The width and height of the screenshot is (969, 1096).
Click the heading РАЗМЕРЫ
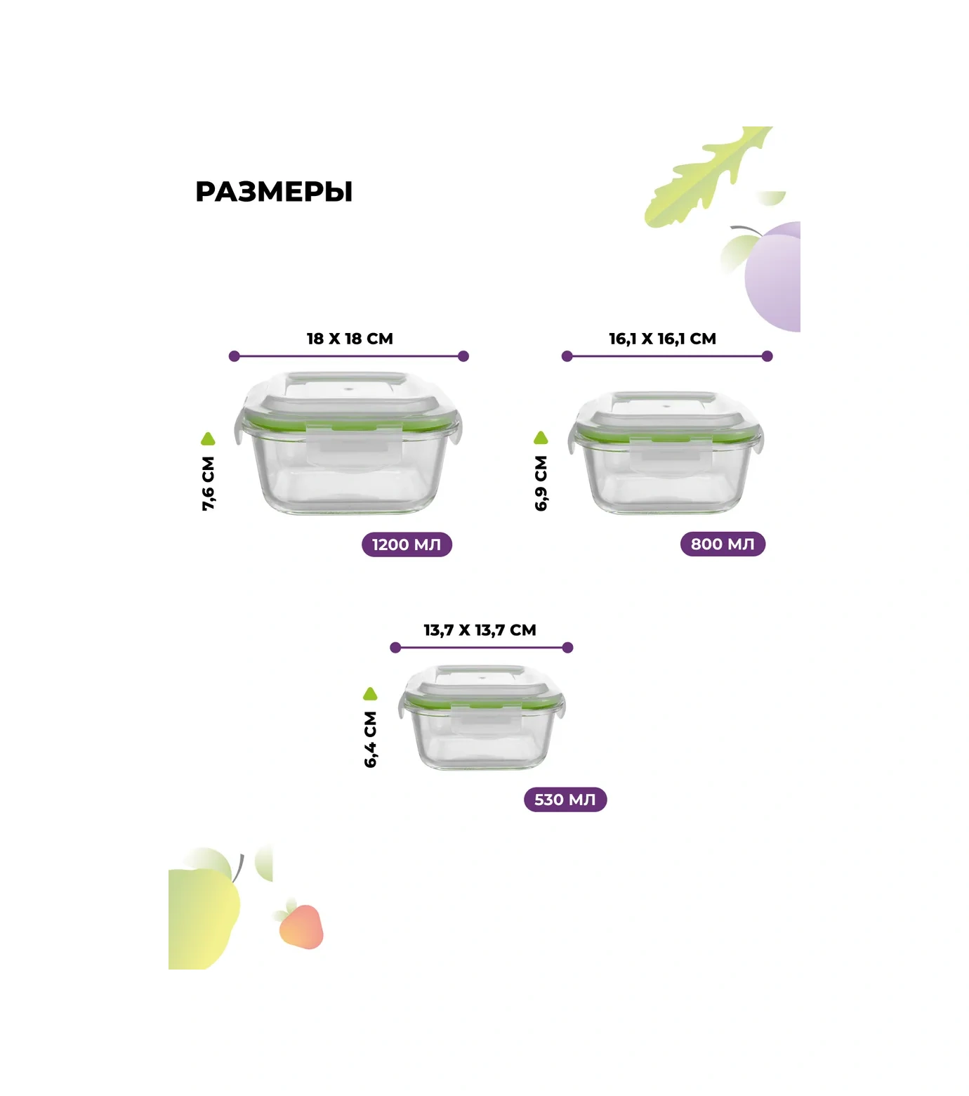[x=274, y=192]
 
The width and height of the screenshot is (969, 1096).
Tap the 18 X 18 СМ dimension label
[x=350, y=339]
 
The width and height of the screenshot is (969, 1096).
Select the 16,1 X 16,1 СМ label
[x=662, y=339]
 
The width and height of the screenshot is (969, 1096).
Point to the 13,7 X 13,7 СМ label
[x=480, y=630]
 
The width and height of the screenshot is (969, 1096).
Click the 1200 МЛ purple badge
[x=407, y=544]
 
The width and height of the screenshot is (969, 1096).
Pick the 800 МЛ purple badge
[x=723, y=544]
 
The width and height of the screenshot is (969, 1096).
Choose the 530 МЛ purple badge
[x=565, y=800]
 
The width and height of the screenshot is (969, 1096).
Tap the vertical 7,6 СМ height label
[x=209, y=483]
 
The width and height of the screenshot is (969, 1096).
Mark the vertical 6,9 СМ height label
[x=541, y=483]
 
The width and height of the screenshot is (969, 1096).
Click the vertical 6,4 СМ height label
[x=371, y=739]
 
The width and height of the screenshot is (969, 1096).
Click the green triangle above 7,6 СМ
[x=208, y=439]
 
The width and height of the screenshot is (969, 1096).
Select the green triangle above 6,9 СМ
[x=541, y=438]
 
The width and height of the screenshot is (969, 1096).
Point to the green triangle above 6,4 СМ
[x=370, y=694]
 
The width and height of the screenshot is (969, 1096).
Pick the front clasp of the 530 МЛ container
[x=486, y=721]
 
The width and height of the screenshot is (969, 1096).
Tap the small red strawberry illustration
[x=301, y=925]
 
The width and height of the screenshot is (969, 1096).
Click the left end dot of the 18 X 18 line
[x=235, y=356]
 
